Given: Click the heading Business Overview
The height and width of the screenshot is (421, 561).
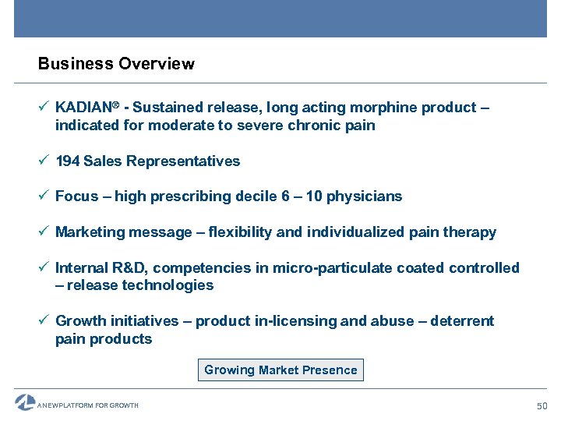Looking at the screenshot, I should [x=116, y=64].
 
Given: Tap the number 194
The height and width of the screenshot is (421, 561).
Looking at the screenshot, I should [x=67, y=161].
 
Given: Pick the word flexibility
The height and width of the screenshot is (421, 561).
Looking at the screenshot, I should [x=235, y=232].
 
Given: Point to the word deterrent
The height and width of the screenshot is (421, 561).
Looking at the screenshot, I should [x=463, y=321].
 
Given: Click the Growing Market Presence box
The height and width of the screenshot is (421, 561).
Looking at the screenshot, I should [x=280, y=370].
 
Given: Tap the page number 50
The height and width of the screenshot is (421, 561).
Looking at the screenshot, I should [x=542, y=405].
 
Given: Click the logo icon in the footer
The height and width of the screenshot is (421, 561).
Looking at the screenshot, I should [x=25, y=402].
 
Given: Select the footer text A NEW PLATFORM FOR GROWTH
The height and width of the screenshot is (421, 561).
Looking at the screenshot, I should [x=89, y=405].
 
